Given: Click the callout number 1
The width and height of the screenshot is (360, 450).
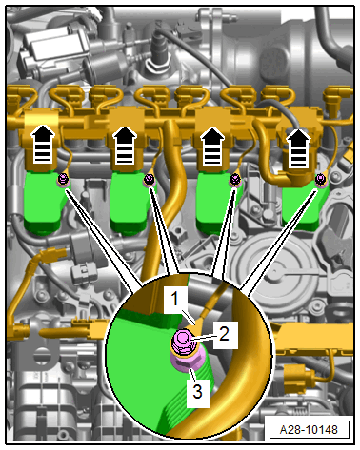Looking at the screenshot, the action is (174, 299).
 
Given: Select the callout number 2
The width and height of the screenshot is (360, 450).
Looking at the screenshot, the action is (224, 334).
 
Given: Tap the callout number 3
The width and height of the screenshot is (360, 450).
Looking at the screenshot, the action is (197, 391).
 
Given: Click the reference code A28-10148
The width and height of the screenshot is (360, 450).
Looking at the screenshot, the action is (309, 430).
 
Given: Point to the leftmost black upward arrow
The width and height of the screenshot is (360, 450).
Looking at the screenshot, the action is (43, 144).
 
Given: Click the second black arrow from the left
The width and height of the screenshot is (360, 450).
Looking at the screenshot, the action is (125, 146).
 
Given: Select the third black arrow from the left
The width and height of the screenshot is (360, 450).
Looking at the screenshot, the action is (212, 147).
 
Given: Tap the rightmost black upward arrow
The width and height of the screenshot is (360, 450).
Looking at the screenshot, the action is (298, 148).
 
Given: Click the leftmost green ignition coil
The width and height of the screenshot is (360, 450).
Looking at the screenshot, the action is (45, 203).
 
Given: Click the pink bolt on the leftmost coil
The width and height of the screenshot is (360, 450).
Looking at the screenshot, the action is (64, 180).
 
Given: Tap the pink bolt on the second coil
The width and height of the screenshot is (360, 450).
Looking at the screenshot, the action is (149, 180).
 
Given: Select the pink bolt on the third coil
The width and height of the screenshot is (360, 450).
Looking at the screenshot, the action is (235, 180).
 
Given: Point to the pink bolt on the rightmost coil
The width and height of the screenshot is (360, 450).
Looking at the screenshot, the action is (321, 180).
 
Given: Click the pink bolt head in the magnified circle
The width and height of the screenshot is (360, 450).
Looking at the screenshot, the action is (182, 342).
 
